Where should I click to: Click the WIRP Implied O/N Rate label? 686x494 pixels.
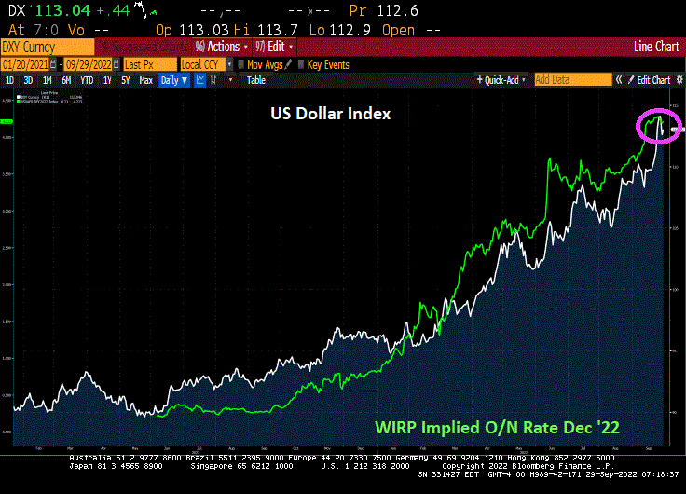[498, 428]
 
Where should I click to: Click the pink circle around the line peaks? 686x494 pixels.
[658, 126]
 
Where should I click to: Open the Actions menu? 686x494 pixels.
[222, 47]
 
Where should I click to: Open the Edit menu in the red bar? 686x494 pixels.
[278, 47]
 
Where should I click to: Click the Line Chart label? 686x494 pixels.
[655, 47]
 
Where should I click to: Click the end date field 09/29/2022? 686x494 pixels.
[90, 63]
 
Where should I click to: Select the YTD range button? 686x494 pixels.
[87, 80]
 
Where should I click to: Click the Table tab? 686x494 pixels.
[255, 80]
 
